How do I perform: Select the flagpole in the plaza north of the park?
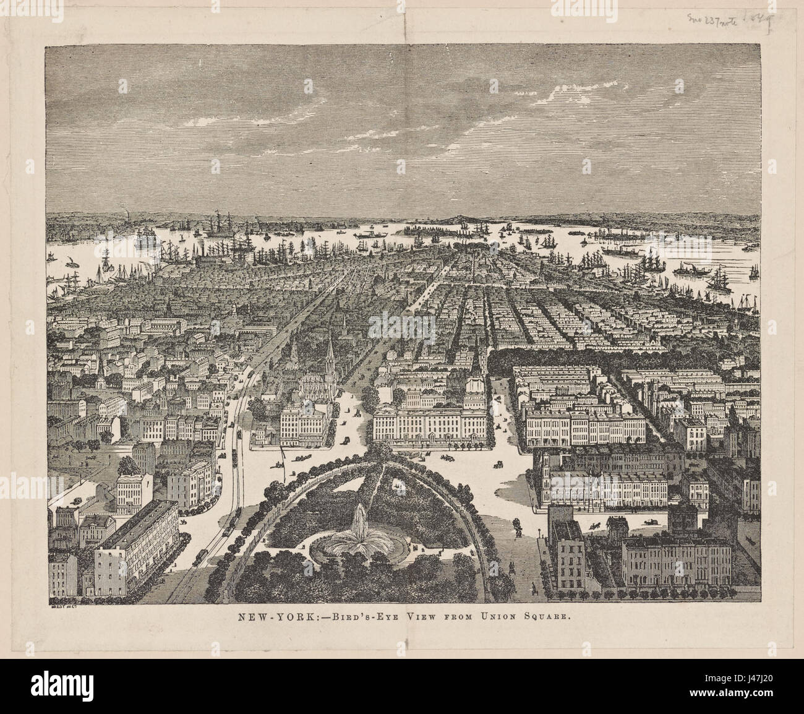[284, 461]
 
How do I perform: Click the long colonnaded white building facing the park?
[427, 427]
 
